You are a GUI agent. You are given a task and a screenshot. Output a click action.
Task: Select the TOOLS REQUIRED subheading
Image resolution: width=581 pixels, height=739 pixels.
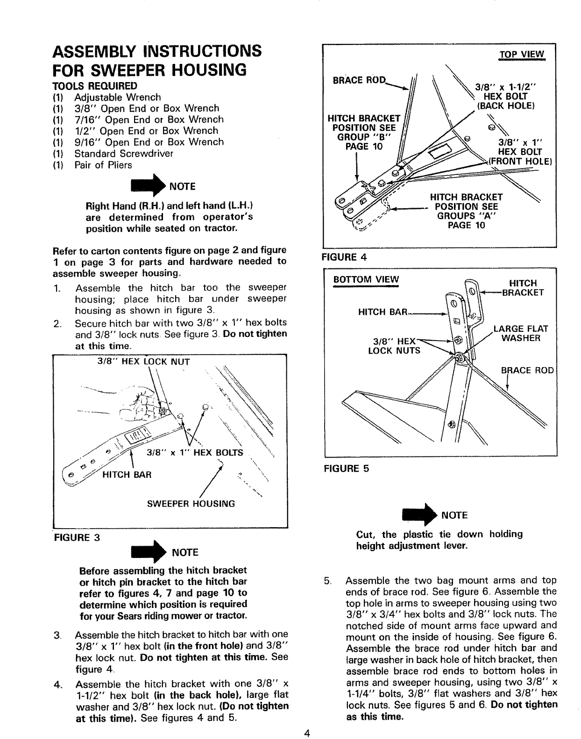click(95, 86)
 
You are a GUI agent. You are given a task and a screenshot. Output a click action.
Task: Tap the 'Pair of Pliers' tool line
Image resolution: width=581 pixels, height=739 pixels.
click(103, 165)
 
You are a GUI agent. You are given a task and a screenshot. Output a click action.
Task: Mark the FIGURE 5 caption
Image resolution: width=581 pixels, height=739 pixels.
click(346, 469)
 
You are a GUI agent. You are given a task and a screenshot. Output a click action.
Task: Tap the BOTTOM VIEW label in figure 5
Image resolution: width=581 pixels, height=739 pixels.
click(366, 279)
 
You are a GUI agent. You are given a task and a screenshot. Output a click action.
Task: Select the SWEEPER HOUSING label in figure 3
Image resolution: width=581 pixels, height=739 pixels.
click(191, 503)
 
